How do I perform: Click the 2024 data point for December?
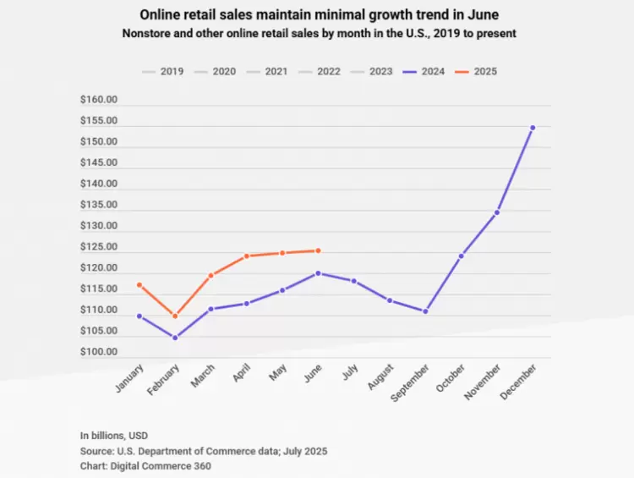[x=533, y=128]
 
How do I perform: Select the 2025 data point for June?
[x=318, y=250]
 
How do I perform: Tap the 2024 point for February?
[x=175, y=338]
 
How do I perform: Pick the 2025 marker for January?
[x=139, y=285]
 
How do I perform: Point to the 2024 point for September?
[x=425, y=311]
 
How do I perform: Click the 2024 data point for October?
[x=462, y=255]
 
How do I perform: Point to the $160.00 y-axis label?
[x=98, y=100]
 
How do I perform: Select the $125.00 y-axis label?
[x=98, y=247]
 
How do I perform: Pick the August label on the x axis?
[x=380, y=377]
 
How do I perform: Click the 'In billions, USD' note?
[x=116, y=436]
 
